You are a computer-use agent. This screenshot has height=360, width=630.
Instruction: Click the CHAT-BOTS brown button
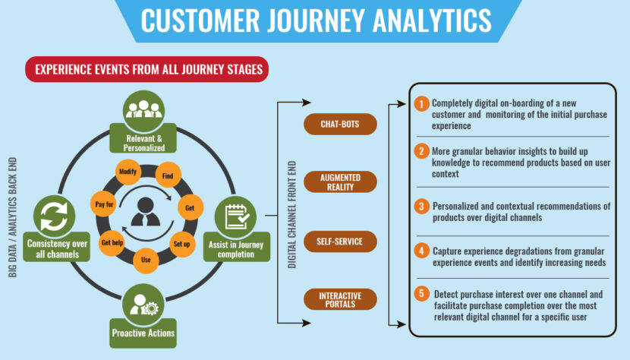point(340,124)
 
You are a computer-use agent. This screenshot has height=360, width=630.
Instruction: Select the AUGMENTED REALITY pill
point(340,182)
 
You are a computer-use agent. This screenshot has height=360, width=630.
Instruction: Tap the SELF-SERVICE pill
point(340,242)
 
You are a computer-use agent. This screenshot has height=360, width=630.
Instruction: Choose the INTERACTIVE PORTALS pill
point(340,299)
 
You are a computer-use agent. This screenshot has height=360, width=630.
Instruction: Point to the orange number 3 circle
point(421,207)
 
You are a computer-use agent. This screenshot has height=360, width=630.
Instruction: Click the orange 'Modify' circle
point(128,172)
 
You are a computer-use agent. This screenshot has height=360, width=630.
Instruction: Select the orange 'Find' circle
point(166,177)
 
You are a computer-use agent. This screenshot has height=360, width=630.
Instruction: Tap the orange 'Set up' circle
point(181,244)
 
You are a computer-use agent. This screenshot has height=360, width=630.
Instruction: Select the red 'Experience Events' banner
point(146,70)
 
